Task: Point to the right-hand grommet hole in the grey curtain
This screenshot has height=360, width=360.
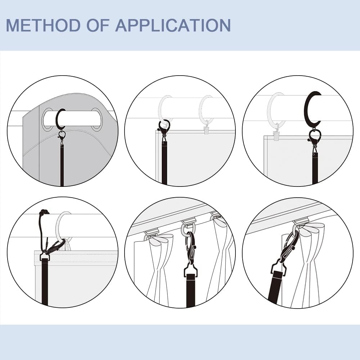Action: [x=96, y=119]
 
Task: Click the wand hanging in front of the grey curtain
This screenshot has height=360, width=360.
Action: [x=62, y=166]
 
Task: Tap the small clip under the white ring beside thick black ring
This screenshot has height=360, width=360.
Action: [x=276, y=135]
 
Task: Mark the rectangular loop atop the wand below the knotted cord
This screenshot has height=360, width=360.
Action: [x=45, y=256]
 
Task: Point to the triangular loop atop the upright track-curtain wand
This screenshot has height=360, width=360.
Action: [x=191, y=270]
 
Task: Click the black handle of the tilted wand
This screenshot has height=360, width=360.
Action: [x=275, y=288]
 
